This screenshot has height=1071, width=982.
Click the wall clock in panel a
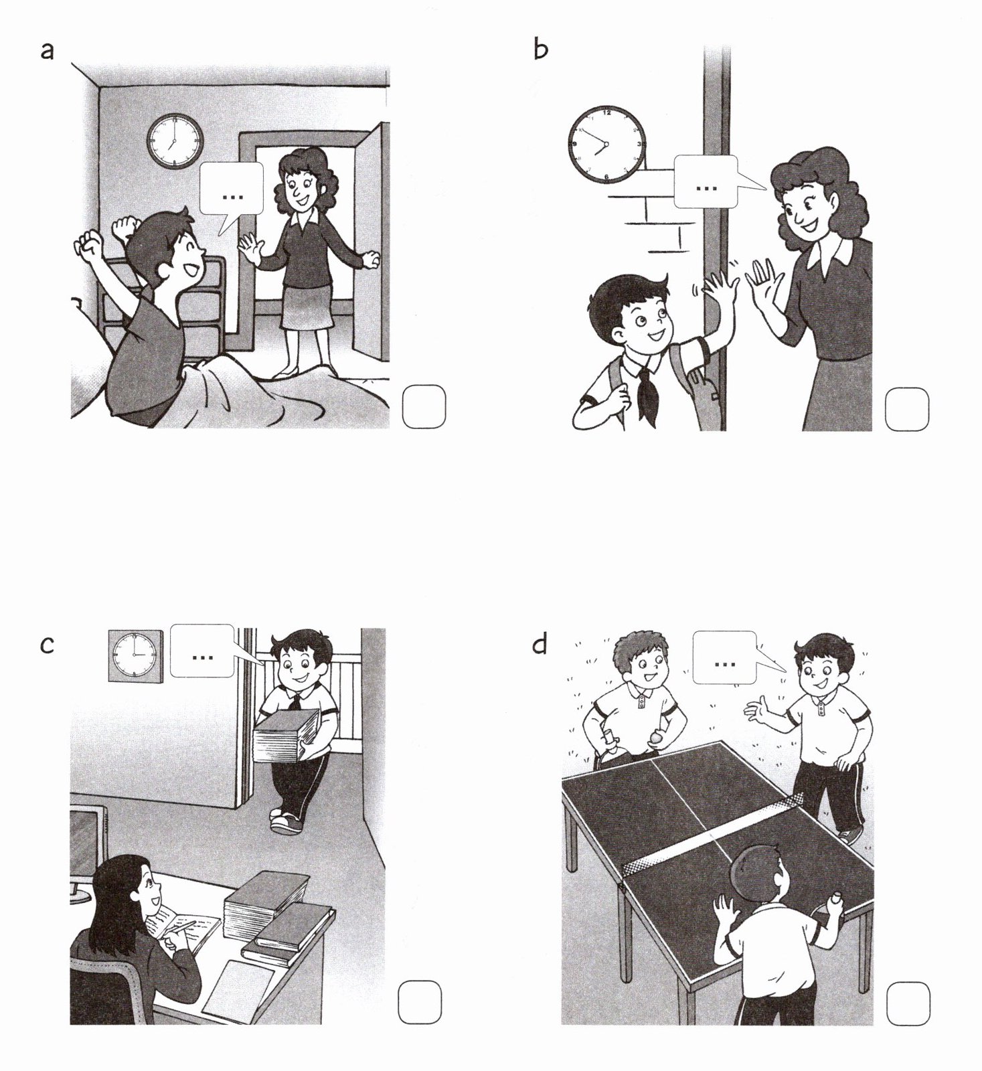click(175, 141)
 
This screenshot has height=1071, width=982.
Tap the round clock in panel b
click(606, 144)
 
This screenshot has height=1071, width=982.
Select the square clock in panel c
click(135, 656)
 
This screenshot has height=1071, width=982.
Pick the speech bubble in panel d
click(726, 658)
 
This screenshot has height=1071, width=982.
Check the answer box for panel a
click(424, 406)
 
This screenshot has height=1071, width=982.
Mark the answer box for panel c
click(420, 1002)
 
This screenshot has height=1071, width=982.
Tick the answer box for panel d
click(908, 1003)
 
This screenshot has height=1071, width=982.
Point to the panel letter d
click(540, 644)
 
